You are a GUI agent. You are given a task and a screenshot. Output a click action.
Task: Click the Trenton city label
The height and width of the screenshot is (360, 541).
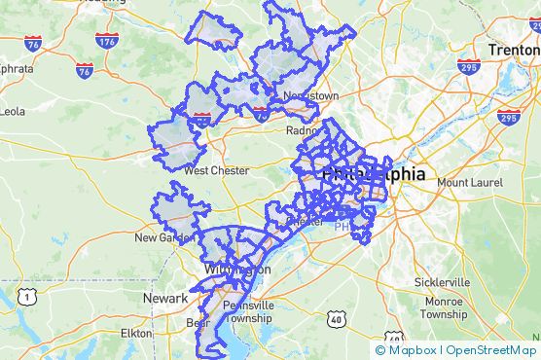(x=512, y=49)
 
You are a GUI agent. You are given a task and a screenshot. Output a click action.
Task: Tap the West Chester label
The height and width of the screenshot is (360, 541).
(x=216, y=170)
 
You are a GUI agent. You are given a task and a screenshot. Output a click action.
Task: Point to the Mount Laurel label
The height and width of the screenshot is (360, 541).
(x=466, y=182)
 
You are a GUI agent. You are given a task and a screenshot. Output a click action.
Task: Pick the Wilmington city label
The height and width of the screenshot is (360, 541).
(x=237, y=270)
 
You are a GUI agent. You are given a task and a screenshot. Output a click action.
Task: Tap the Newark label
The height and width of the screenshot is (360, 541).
(x=165, y=297)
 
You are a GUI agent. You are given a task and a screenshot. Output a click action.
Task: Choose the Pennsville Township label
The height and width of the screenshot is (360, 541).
(x=248, y=311)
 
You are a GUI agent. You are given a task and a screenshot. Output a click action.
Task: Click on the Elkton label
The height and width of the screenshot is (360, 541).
(x=136, y=333)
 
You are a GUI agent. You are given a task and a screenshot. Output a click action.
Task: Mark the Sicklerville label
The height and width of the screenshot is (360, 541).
(x=441, y=281)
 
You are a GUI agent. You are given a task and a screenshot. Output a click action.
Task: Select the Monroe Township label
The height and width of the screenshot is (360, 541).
(x=445, y=307)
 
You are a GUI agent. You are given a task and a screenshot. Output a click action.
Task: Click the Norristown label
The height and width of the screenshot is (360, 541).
(x=311, y=96)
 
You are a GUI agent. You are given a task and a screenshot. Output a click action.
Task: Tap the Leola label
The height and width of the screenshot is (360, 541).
(x=12, y=111)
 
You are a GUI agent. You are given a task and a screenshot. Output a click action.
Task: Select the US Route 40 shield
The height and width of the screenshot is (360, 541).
(x=337, y=318)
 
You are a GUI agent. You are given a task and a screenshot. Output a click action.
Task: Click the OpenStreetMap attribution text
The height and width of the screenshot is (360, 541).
(x=491, y=350)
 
